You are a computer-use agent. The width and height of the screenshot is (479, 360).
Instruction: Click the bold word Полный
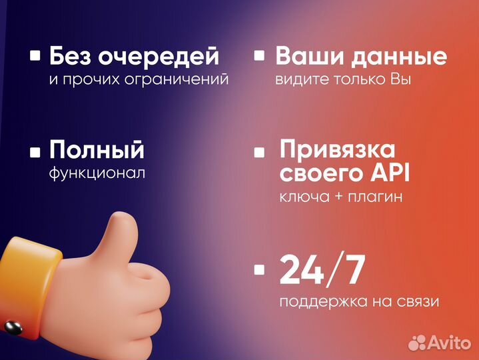pos(97,150)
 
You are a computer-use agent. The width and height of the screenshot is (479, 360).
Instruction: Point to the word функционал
pos(97,173)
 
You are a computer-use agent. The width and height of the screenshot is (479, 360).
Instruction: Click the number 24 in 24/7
pos(304,270)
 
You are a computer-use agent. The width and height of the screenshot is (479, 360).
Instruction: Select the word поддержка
pos(318,301)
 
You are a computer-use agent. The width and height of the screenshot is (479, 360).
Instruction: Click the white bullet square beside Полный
pos(35,151)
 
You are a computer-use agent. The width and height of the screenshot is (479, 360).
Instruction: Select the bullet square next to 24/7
pos(260,270)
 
